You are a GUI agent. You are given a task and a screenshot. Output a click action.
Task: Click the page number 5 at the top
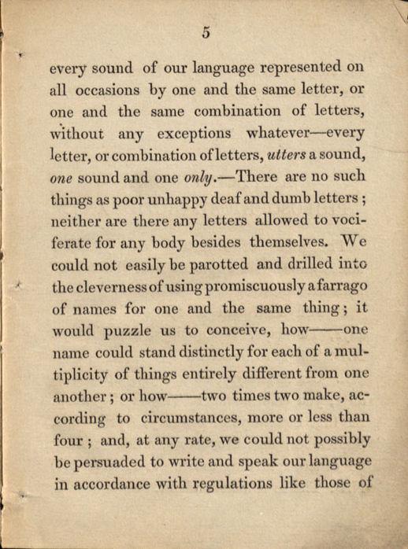[x=206, y=32]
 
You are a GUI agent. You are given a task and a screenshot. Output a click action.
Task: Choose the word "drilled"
[x=302, y=265]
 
